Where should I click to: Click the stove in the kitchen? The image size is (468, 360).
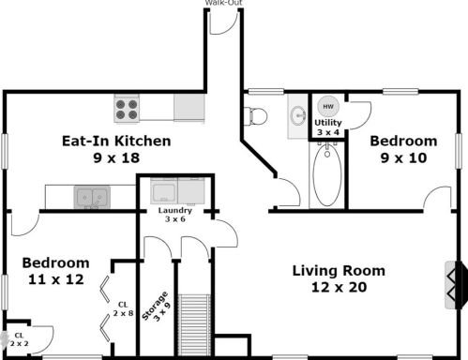(x=127, y=109)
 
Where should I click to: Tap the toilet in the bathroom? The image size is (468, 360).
(x=255, y=116)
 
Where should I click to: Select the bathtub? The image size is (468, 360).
(x=327, y=174)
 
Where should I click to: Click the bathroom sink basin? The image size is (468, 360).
(x=298, y=115)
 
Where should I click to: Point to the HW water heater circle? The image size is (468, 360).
(x=328, y=106)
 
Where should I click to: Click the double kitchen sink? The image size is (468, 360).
(x=92, y=197)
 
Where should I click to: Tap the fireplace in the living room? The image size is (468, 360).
(x=456, y=285)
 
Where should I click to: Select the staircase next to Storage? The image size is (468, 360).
(x=194, y=324)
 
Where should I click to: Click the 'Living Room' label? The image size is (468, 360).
(x=339, y=271)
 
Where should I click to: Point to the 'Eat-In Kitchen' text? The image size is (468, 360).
(x=116, y=141)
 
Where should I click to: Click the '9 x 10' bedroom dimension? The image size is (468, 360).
(x=403, y=157)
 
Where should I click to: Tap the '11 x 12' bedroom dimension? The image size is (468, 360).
(x=56, y=279)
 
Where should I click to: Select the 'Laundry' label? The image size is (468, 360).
(x=175, y=210)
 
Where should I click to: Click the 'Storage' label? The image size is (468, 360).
(x=155, y=306)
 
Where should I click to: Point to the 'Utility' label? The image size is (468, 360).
(x=328, y=123)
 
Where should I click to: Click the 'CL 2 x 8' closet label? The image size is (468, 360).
(x=123, y=308)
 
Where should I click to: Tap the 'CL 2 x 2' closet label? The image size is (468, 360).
(x=19, y=339)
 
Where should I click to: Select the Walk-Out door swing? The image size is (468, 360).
(x=222, y=22)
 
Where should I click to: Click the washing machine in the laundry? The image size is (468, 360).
(x=164, y=191)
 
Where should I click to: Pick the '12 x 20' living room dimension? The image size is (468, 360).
(x=339, y=287)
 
